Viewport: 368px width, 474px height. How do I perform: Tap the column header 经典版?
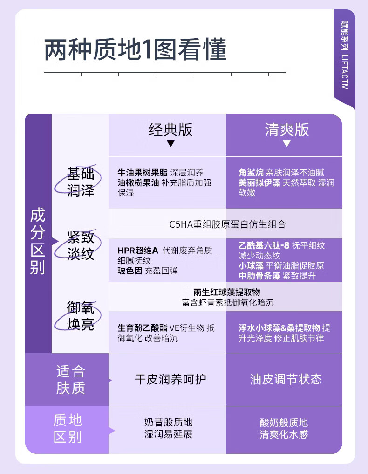pyautogui.click(x=170, y=130)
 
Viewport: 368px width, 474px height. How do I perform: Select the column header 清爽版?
pyautogui.click(x=286, y=130)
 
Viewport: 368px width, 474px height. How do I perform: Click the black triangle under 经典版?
pyautogui.click(x=170, y=144)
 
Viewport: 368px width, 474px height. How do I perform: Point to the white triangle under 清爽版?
pyautogui.click(x=286, y=144)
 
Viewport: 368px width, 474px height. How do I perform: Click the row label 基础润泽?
pyautogui.click(x=81, y=182)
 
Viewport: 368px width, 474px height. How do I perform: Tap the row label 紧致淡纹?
pyautogui.click(x=81, y=246)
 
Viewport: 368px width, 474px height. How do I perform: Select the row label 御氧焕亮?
pyautogui.click(x=81, y=316)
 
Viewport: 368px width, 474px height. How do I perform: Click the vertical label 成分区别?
pyautogui.click(x=38, y=242)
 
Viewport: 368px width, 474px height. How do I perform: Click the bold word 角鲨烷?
pyautogui.click(x=252, y=173)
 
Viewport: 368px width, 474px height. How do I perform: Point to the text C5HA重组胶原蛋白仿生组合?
pyautogui.click(x=227, y=224)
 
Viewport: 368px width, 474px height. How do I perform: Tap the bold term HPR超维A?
pyautogui.click(x=138, y=251)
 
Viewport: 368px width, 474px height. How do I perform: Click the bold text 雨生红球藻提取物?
pyautogui.click(x=226, y=293)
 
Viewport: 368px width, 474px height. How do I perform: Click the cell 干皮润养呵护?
pyautogui.click(x=170, y=379)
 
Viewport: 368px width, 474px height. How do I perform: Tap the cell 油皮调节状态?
pyautogui.click(x=286, y=379)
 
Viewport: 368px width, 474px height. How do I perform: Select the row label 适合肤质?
pyautogui.click(x=71, y=379)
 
